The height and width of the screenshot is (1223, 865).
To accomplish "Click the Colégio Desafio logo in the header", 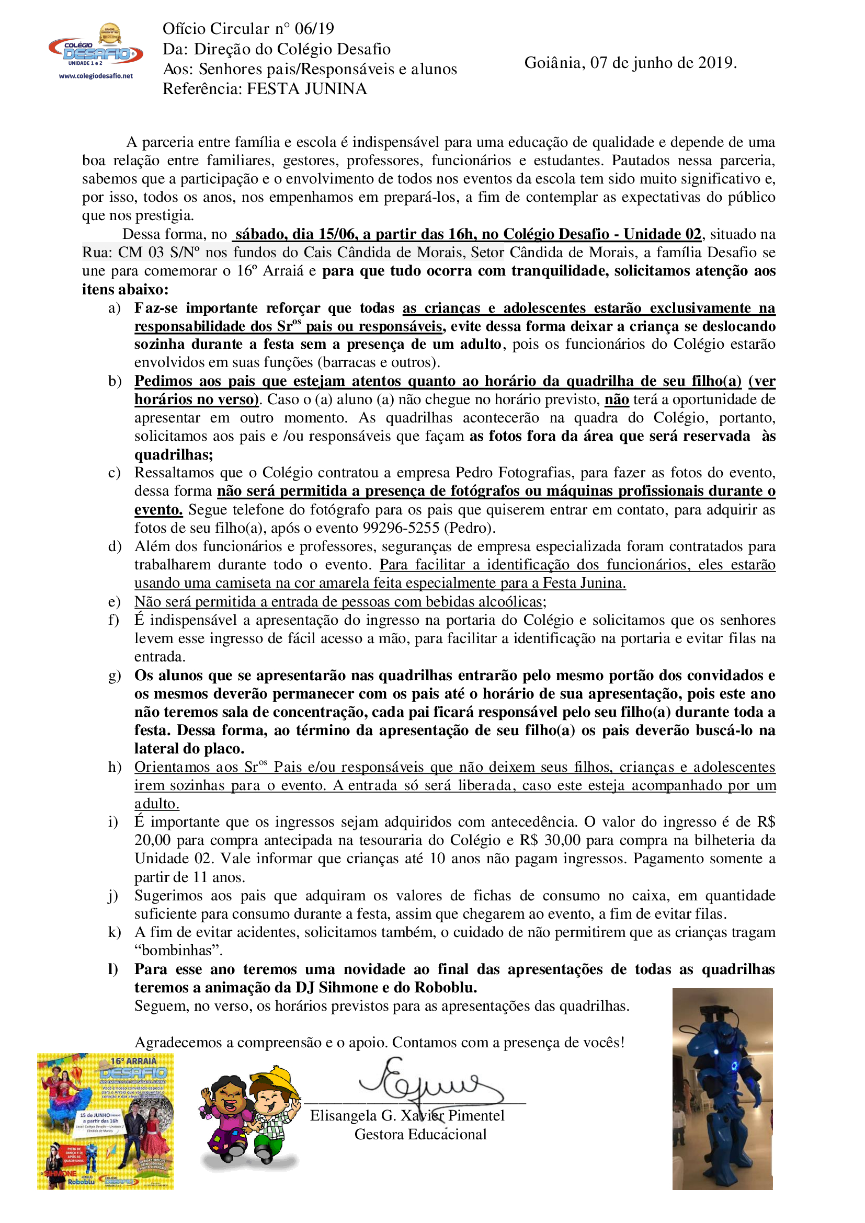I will (96, 50).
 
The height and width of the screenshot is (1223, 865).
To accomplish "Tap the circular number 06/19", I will (314, 28).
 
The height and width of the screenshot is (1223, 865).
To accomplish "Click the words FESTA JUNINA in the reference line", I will (307, 88).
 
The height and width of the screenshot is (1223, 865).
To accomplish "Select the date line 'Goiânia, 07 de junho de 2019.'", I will (630, 63).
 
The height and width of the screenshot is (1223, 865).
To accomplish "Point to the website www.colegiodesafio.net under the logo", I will (96, 76).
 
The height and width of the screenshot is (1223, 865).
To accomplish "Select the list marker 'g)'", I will (115, 676).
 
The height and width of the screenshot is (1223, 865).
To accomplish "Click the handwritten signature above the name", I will (421, 1081).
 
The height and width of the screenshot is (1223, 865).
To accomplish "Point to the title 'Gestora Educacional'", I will (420, 1134).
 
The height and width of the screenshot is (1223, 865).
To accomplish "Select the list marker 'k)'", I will (115, 932).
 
